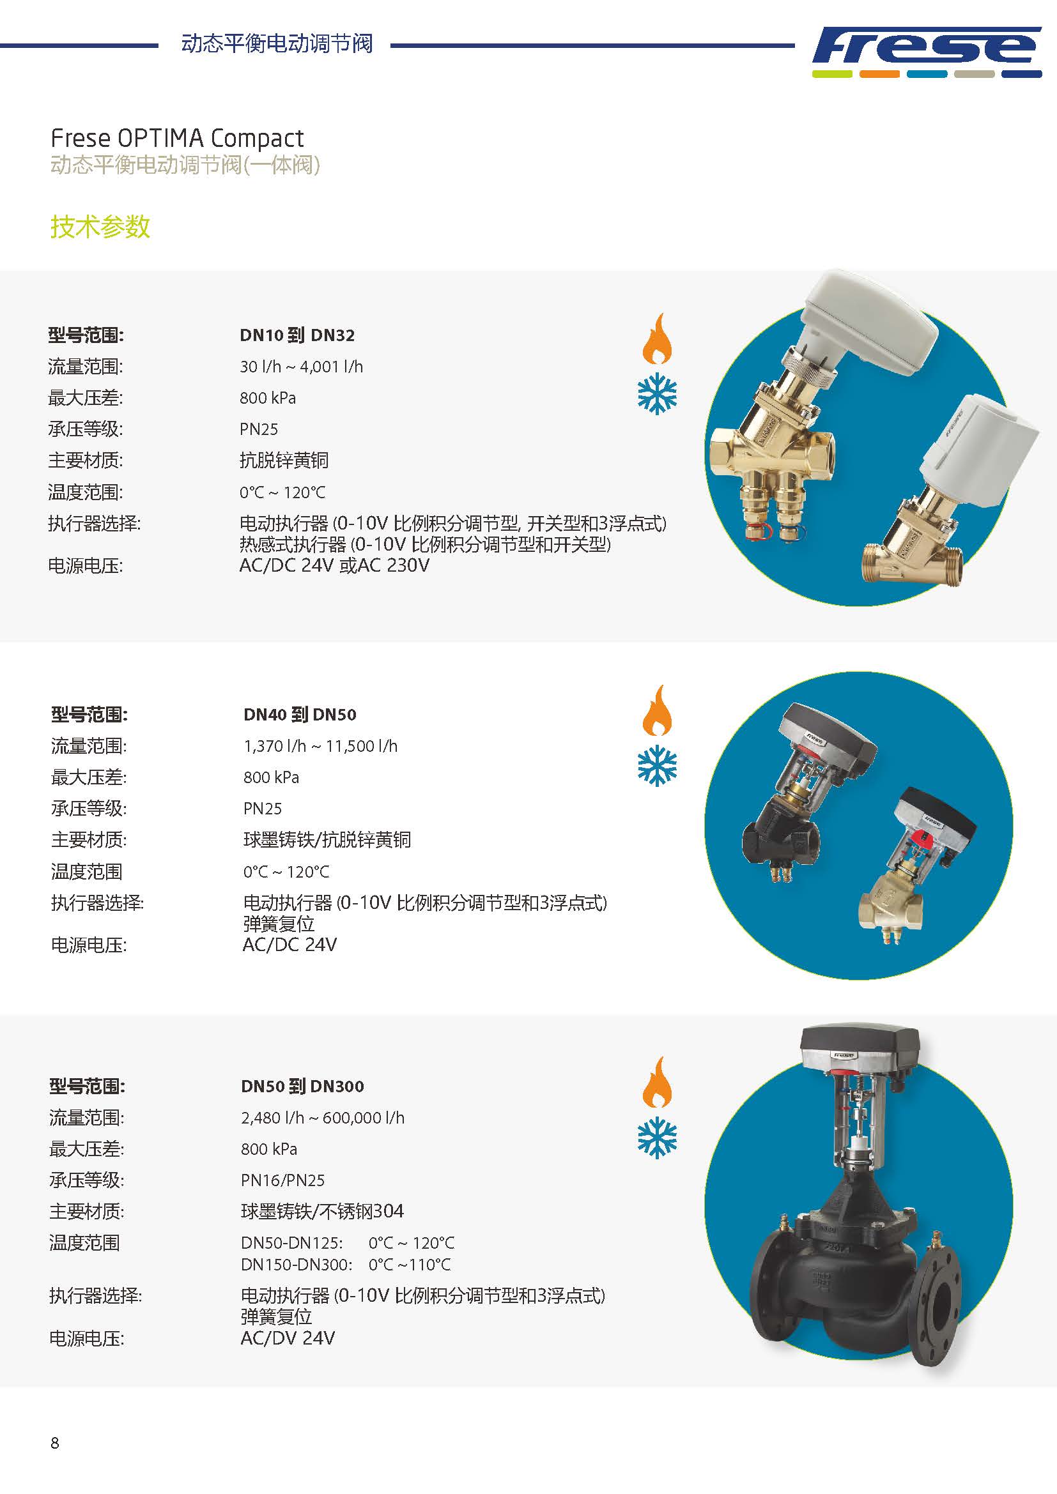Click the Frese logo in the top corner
click(x=927, y=51)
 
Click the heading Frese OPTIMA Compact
click(x=177, y=138)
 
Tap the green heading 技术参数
click(x=100, y=227)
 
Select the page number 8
click(x=55, y=1443)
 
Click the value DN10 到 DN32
click(x=297, y=335)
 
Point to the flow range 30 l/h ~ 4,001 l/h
click(x=302, y=367)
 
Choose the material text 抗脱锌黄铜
click(x=284, y=460)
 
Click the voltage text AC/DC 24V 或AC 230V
click(x=334, y=565)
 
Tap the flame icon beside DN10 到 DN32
click(x=658, y=339)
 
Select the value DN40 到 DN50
click(x=300, y=715)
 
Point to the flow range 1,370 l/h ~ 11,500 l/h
click(x=320, y=745)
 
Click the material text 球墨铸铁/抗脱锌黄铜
click(x=327, y=839)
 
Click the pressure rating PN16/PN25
click(x=282, y=1180)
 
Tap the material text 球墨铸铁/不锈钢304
click(x=322, y=1211)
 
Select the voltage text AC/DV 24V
click(x=288, y=1338)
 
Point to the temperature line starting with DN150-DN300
click(x=346, y=1264)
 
